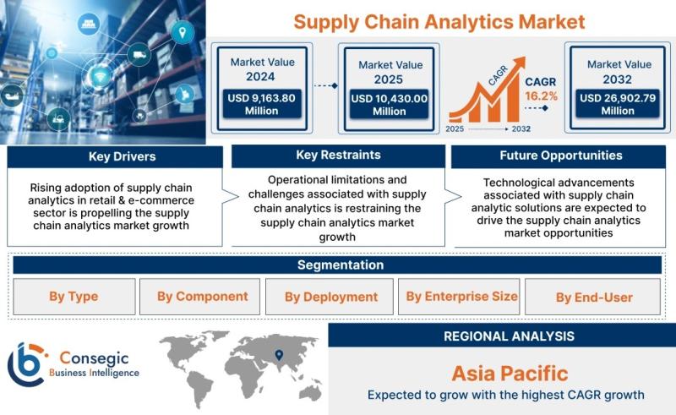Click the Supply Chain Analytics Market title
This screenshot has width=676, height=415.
coord(439,22)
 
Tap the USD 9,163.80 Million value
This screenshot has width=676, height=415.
coord(262,105)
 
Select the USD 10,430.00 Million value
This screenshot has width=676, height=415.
coord(390,105)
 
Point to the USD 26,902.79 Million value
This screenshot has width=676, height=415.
coord(618,105)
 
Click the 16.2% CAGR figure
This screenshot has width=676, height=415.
coord(541,96)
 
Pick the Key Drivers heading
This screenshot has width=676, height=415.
coord(122,156)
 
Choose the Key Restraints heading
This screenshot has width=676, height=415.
coord(339,155)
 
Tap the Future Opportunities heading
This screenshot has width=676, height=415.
coord(561,156)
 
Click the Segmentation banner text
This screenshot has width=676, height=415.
coord(341,265)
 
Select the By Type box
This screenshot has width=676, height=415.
coord(74,297)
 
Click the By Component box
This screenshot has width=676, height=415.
coord(199,297)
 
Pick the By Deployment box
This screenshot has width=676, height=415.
coord(330,297)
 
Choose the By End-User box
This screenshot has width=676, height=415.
coord(592,297)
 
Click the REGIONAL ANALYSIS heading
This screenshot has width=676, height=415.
coord(510,336)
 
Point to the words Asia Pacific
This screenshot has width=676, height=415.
coord(510,373)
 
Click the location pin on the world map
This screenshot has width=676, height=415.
coord(279,355)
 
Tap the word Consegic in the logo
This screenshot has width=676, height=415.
coord(94,358)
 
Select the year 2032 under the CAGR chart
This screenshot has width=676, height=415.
coord(521,128)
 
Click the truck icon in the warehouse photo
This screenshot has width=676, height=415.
coord(139,54)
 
